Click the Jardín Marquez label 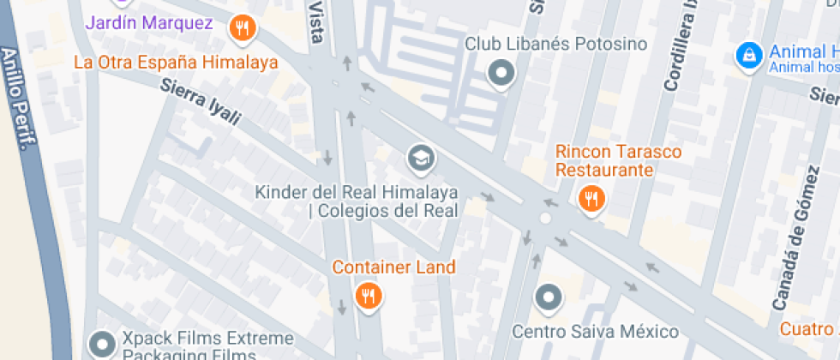[148, 23]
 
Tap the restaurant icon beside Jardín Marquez [243, 28]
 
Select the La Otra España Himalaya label [176, 62]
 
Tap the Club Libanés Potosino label [555, 43]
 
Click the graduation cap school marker [420, 158]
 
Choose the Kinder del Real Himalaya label [357, 201]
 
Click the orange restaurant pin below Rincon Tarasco [591, 200]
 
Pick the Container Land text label [393, 267]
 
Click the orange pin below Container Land [369, 297]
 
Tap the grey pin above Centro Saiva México [549, 298]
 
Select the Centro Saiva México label [595, 331]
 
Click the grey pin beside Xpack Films [104, 345]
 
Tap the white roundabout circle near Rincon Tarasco [545, 219]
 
